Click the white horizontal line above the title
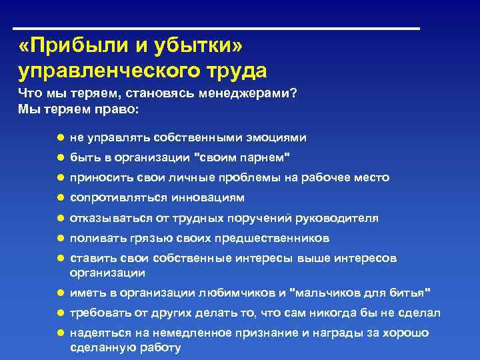217,29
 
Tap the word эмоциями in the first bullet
277,138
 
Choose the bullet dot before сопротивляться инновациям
59,197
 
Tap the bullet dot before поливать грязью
59,238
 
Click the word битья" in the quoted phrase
413,293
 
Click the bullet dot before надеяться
59,333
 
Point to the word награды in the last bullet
331,333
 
